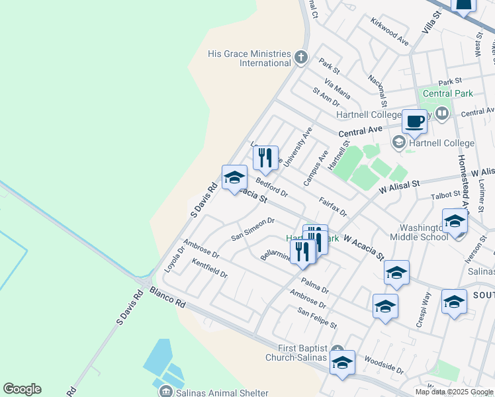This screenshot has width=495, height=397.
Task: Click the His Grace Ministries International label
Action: [x=249, y=58]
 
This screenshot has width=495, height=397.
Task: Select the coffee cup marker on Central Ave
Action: [x=415, y=122]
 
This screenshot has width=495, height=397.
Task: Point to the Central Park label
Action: [x=447, y=93]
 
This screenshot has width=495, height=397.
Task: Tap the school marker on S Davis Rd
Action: [x=234, y=177]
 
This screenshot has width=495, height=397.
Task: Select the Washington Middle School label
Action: [x=419, y=232]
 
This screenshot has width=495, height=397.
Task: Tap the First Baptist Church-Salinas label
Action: [x=302, y=353]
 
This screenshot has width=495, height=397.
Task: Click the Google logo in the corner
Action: [x=22, y=389]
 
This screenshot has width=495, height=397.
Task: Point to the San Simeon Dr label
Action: [x=252, y=229]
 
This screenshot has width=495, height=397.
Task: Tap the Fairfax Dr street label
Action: [x=332, y=206]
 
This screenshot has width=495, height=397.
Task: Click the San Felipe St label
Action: [x=317, y=318]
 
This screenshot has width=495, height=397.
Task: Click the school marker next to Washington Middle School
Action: [x=454, y=221]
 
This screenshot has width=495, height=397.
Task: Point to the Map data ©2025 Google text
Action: [x=455, y=392]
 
